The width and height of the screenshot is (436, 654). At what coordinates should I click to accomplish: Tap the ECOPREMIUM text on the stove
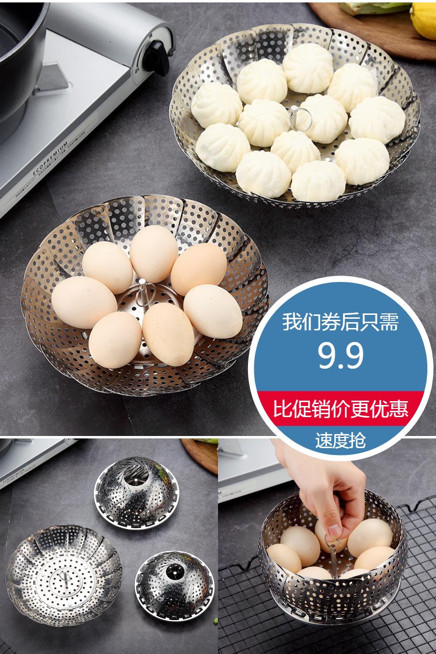click(x=50, y=158)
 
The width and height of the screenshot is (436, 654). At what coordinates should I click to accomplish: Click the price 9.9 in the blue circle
click(x=341, y=356)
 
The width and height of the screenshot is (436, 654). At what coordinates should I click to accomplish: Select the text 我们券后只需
click(x=341, y=322)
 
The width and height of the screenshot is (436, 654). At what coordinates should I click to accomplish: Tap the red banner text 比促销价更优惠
click(x=341, y=408)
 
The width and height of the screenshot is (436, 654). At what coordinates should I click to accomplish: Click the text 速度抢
click(x=341, y=440)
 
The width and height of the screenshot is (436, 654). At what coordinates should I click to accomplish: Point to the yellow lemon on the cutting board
click(x=423, y=20)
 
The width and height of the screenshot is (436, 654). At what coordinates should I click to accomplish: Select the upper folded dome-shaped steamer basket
click(x=137, y=493)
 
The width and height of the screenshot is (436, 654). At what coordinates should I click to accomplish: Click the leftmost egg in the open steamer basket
click(x=84, y=302)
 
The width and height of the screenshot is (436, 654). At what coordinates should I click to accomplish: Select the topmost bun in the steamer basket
click(x=308, y=68)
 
